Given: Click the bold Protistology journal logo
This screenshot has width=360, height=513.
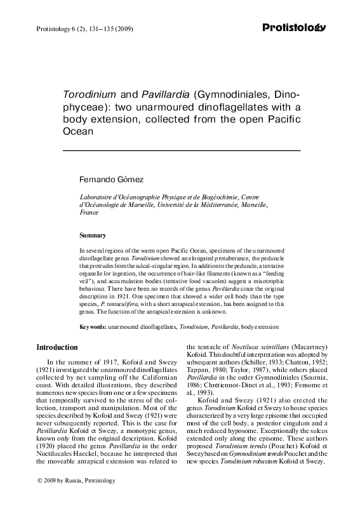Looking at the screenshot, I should pyautogui.click(x=294, y=27).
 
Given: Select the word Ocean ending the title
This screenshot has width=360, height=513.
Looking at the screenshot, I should pyautogui.click(x=77, y=133).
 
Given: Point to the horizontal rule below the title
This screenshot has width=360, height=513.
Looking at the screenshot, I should pyautogui.click(x=180, y=150).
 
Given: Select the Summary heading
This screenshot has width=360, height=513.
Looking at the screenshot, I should pyautogui.click(x=92, y=235).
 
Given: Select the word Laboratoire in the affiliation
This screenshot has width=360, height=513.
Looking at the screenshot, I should pyautogui.click(x=95, y=197).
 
